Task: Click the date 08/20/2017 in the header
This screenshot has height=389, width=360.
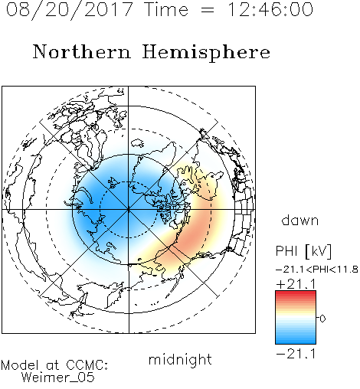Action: (x=70, y=10)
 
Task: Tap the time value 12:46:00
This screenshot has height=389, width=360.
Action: (x=270, y=9)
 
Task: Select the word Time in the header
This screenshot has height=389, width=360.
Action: (x=166, y=9)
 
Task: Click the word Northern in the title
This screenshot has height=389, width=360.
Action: (x=82, y=52)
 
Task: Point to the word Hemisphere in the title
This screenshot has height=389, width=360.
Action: (x=206, y=53)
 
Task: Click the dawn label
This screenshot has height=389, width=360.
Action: (x=300, y=221)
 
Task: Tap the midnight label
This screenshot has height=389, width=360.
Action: (x=180, y=360)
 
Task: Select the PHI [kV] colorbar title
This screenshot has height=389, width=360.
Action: (x=303, y=251)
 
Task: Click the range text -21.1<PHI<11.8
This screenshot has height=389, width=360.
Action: (x=317, y=270)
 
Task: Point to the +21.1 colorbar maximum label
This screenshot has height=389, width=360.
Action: (x=296, y=284)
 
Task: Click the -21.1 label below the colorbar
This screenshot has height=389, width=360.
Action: (x=296, y=354)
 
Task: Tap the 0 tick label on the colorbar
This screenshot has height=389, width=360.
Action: (x=322, y=319)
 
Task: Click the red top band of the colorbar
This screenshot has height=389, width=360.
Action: (x=296, y=294)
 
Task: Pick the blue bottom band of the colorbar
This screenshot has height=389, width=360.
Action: (x=296, y=340)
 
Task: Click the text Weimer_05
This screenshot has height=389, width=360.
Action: (x=58, y=378)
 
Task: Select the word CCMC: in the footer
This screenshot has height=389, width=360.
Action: (x=87, y=365)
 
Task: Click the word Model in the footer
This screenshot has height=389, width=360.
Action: (x=20, y=365)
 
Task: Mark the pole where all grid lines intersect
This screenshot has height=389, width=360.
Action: (x=129, y=210)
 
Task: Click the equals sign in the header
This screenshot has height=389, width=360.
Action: (x=208, y=10)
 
